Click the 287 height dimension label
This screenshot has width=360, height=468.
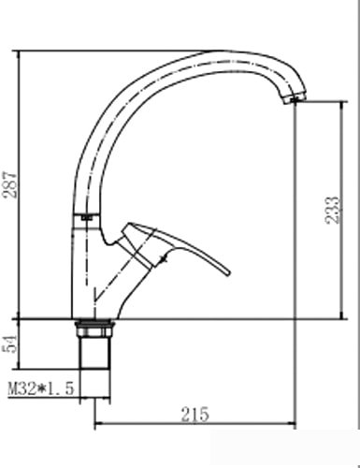click(10, 184)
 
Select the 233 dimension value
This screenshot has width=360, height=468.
click(332, 210)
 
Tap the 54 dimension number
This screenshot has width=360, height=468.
click(10, 344)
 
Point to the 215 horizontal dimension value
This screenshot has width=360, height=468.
click(195, 415)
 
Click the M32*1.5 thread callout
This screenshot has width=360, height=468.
click(41, 388)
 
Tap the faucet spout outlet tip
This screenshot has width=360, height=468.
click(294, 100)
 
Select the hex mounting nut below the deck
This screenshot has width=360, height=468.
click(94, 329)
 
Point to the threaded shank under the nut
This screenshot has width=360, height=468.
click(95, 353)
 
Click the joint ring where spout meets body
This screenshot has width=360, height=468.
click(86, 217)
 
